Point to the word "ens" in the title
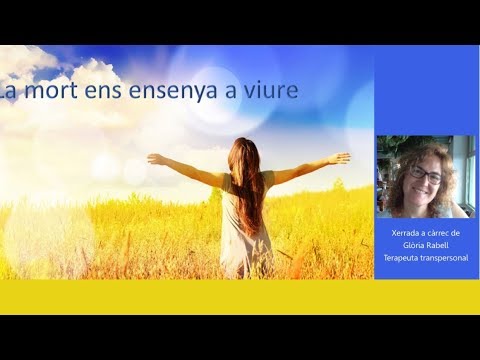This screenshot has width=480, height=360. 103,92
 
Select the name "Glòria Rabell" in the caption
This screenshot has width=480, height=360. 426,245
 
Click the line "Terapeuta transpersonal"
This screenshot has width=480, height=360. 426,258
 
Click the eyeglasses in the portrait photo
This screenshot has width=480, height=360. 426,174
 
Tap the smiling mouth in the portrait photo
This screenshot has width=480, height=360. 421,192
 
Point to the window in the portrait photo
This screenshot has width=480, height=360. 469,173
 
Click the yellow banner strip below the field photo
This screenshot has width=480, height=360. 240,297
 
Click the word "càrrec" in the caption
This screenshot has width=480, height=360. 440,233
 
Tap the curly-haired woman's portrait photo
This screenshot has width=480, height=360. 426,177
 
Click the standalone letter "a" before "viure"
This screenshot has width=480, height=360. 231,92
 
